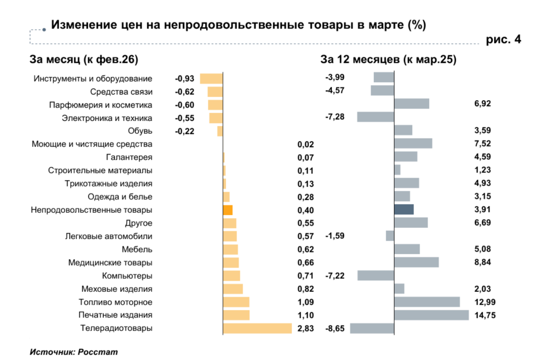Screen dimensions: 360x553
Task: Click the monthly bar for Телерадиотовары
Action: click(x=257, y=328)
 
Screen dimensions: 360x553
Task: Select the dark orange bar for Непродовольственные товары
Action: click(x=228, y=210)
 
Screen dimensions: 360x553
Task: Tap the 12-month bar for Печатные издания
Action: click(x=432, y=315)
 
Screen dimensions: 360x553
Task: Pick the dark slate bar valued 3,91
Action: click(x=404, y=210)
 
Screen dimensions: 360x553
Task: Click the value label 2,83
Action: click(x=306, y=328)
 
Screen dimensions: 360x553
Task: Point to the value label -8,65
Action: click(x=334, y=328)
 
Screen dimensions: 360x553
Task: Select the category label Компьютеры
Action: click(x=127, y=276)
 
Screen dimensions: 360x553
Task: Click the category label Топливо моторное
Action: click(x=115, y=302)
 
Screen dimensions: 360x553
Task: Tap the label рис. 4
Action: click(x=504, y=39)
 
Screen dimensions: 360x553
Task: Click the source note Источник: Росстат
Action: click(x=74, y=352)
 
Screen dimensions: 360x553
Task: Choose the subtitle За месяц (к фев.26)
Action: click(x=83, y=60)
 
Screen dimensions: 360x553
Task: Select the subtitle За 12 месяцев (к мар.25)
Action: click(x=388, y=60)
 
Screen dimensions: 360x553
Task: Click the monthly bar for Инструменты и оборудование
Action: click(x=211, y=79)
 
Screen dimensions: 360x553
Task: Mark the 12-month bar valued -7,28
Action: click(x=375, y=117)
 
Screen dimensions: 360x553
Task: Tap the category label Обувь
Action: click(x=140, y=131)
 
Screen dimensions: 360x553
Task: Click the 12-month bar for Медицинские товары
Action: click(x=416, y=262)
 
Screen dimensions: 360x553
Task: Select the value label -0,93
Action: click(x=184, y=79)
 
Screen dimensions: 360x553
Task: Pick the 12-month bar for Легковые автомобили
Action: click(x=390, y=236)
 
